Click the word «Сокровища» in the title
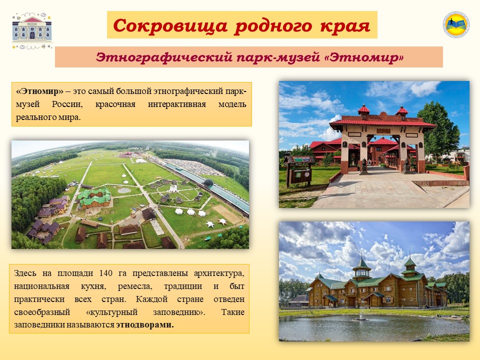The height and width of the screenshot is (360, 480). [x=170, y=25]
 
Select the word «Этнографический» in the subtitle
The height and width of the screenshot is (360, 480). [x=164, y=57]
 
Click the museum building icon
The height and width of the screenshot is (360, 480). [x=32, y=30]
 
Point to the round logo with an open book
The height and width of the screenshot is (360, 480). [x=456, y=24]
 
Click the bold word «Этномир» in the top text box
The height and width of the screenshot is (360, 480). [x=40, y=91]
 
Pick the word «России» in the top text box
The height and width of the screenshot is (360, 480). [x=67, y=104]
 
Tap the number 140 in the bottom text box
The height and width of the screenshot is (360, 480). [x=105, y=273]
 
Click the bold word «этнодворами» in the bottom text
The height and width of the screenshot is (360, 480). [x=144, y=325]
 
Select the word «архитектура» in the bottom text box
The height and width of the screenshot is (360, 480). [x=219, y=273]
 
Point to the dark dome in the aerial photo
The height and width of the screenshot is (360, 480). [x=208, y=183]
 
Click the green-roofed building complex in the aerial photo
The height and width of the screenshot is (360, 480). [x=94, y=198]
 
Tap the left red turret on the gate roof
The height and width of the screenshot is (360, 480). [x=363, y=111]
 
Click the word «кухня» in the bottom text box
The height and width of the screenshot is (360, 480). [x=93, y=286]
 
